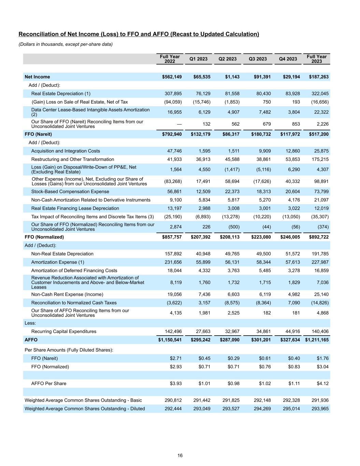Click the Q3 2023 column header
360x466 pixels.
point(258,59)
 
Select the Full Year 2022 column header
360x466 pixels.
point(170,59)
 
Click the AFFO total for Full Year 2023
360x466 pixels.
point(317,340)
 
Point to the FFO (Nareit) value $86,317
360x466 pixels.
point(230,134)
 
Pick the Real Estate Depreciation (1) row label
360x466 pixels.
point(61,94)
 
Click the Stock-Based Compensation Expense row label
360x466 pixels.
point(70,192)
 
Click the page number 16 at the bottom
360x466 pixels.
point(180,455)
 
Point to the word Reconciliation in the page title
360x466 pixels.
point(37,34)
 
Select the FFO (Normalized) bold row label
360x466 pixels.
point(44,237)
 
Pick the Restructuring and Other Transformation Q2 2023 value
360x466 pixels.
point(232,159)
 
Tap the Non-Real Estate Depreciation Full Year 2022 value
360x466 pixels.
point(173,254)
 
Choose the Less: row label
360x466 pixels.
point(30,323)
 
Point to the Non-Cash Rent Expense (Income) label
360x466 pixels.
point(67,294)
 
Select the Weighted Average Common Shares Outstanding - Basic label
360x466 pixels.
point(83,400)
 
